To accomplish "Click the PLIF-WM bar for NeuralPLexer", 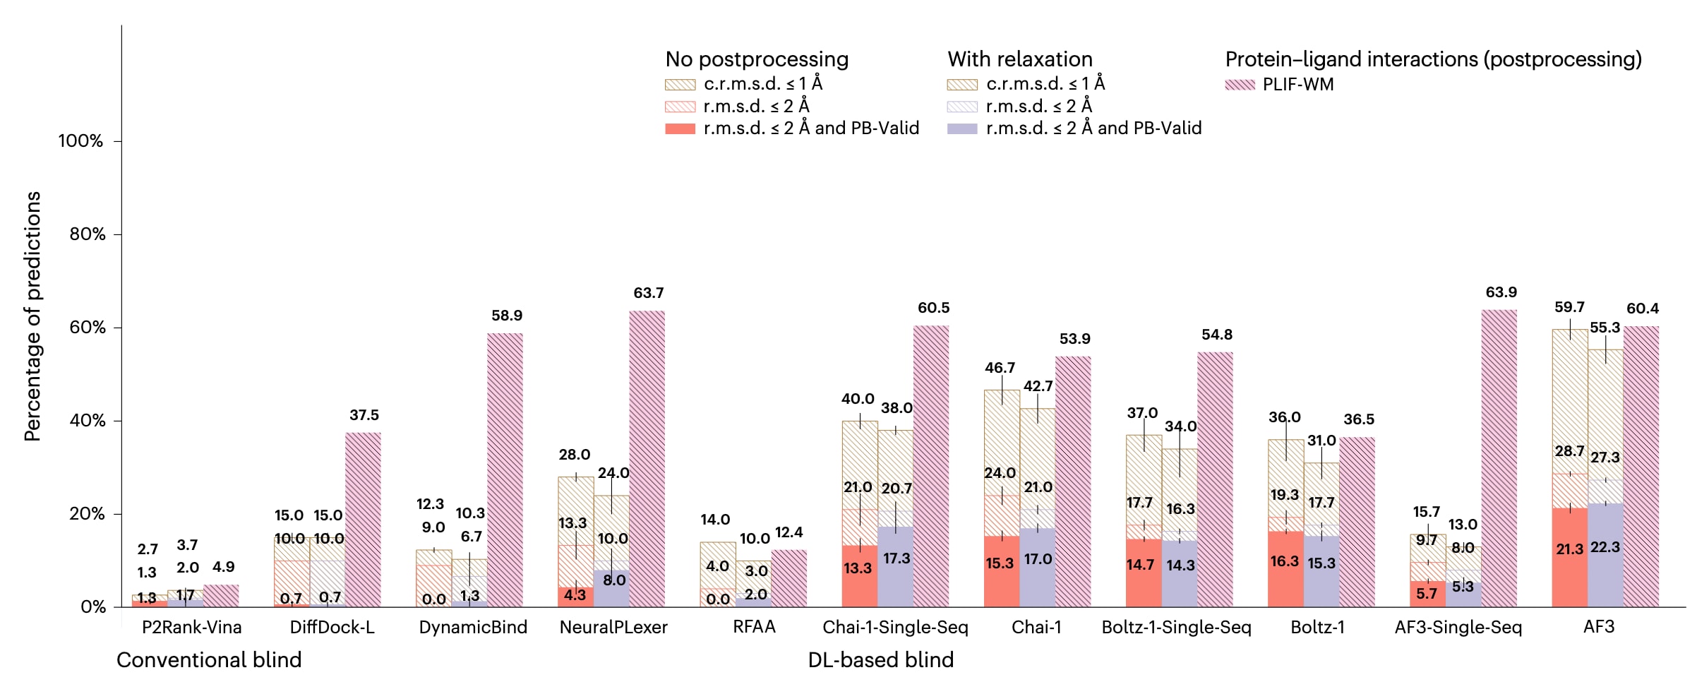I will click(647, 459).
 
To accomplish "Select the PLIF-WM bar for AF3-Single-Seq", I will click(1499, 458).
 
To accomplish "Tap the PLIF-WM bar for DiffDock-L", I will click(363, 520).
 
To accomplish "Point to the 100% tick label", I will click(80, 141).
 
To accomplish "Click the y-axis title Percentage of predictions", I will click(32, 316).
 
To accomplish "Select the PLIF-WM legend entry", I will click(1297, 85).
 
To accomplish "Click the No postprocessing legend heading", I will click(757, 59).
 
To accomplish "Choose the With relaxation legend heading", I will click(1019, 59).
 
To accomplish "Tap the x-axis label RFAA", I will click(754, 627).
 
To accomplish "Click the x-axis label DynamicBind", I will click(473, 627).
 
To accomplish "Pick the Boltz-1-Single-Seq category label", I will click(1176, 627).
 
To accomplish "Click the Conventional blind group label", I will click(209, 660).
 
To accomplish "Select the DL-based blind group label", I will click(880, 660).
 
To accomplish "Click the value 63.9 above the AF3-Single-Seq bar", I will click(1501, 292).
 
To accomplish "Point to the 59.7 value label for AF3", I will click(1569, 307).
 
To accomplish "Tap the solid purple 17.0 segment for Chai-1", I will click(1038, 568).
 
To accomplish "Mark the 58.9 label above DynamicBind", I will click(507, 316).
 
